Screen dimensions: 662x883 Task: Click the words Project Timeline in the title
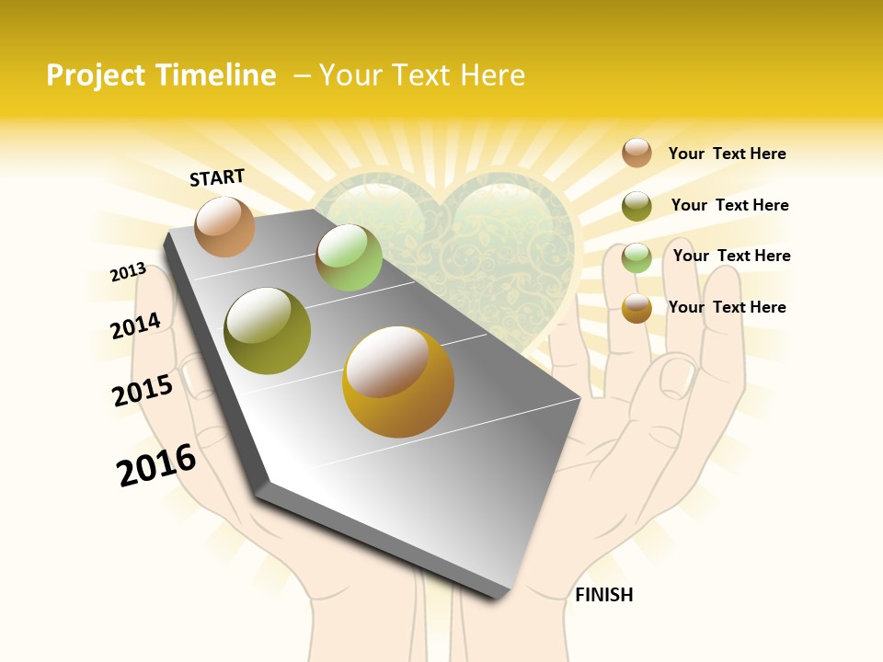[161, 75]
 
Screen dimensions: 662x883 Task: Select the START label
[217, 177]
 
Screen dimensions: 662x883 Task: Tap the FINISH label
[603, 595]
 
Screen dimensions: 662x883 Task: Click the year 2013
[128, 272]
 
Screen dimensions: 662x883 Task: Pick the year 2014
[135, 325]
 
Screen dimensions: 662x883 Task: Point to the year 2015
[143, 391]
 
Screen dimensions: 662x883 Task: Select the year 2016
[156, 465]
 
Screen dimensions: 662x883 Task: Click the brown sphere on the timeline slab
[224, 226]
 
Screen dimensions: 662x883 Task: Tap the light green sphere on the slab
[349, 257]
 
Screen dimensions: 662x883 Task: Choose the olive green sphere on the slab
[268, 331]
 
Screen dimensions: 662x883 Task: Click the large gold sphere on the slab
[398, 382]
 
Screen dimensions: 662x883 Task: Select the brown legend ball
[636, 153]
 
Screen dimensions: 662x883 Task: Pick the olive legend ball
[636, 206]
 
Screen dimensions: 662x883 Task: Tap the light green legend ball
[636, 257]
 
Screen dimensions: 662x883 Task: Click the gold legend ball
[636, 308]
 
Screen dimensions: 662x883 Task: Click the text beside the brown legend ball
[727, 154]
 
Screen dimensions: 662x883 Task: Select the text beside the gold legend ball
[727, 307]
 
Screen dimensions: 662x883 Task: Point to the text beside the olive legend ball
[729, 205]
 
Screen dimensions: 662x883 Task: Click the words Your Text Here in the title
[422, 75]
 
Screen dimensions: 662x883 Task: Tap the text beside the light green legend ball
[731, 256]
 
